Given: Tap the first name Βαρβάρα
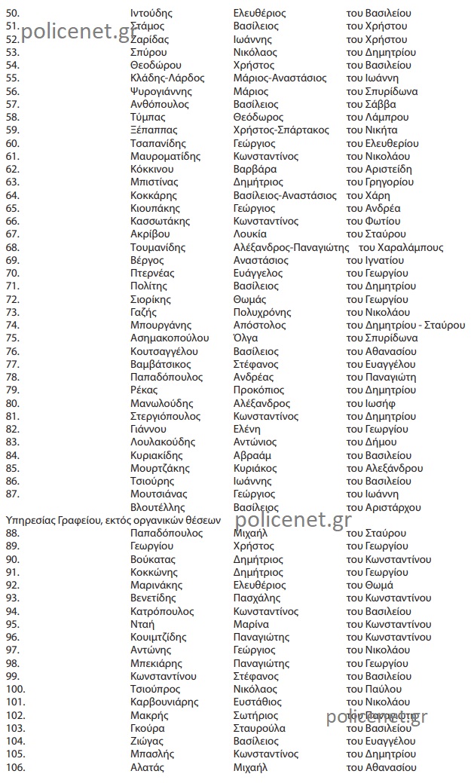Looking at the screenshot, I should (249, 170).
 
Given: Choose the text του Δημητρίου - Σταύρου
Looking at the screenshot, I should (405, 326).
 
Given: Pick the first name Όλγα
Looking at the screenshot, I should (246, 338).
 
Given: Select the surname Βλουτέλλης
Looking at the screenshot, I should (158, 508).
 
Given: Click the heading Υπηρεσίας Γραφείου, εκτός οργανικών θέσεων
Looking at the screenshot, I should (113, 520).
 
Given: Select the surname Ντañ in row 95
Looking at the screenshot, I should (142, 625).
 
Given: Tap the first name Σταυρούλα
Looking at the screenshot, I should (259, 729).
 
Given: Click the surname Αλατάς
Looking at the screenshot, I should (147, 768).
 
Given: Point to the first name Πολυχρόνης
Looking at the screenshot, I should (261, 312).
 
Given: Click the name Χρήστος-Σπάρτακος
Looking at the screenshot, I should (281, 130).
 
